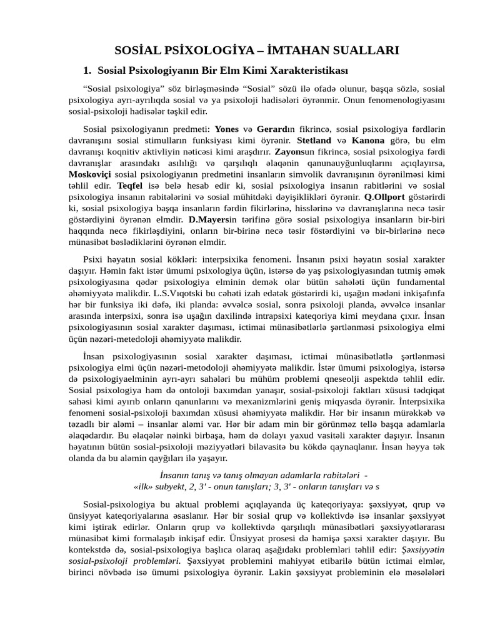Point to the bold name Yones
(x=226, y=128)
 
